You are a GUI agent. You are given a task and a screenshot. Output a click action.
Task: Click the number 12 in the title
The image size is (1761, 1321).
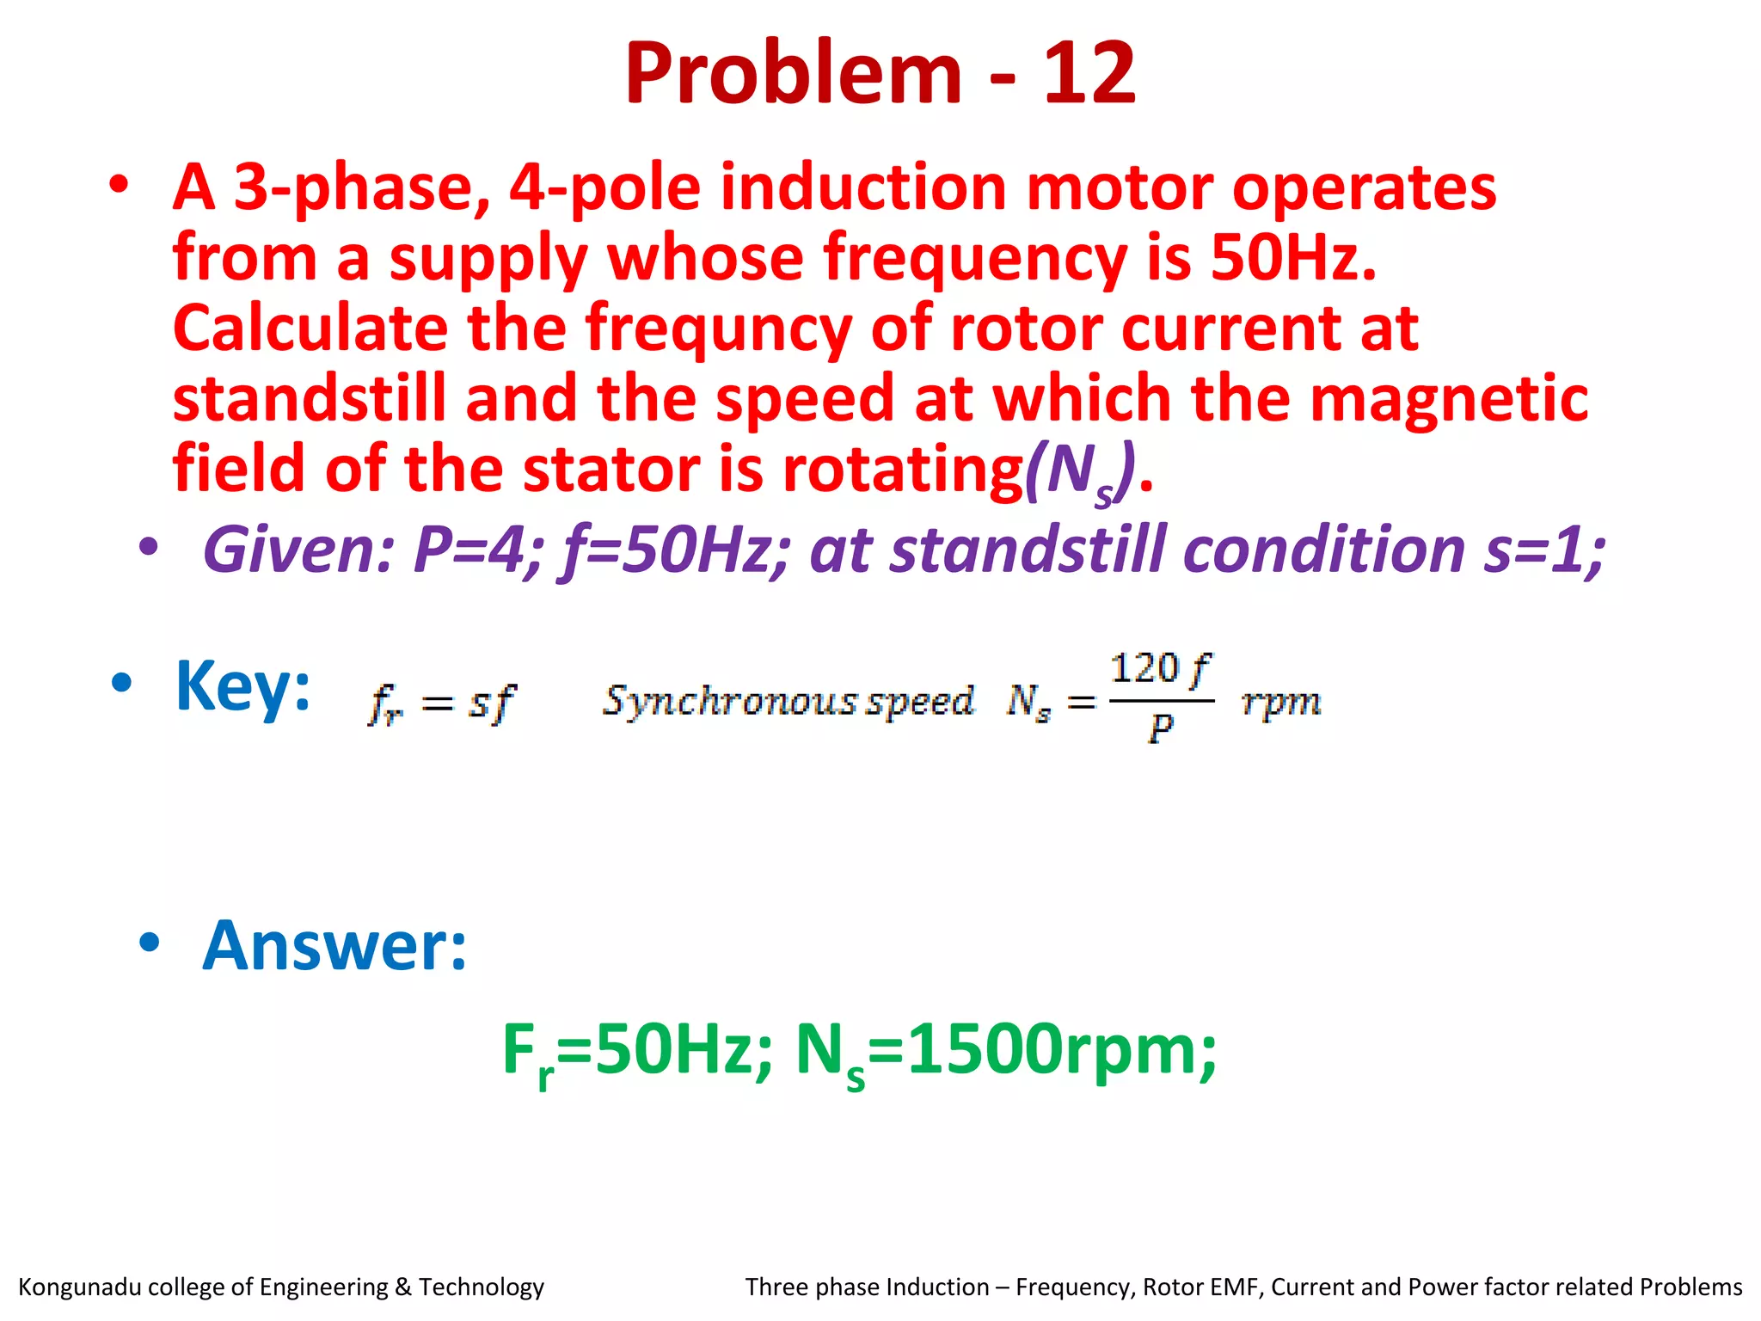tap(1089, 74)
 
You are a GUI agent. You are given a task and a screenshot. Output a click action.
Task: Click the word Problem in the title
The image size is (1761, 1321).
tap(793, 74)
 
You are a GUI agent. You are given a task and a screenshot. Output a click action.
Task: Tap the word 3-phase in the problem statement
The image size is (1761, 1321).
tap(362, 188)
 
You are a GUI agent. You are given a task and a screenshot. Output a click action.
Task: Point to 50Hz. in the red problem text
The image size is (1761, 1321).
tap(1293, 258)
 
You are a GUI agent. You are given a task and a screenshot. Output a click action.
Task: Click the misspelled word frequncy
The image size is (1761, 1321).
tap(719, 329)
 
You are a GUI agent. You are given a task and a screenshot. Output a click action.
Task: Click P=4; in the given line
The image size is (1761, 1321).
tap(478, 550)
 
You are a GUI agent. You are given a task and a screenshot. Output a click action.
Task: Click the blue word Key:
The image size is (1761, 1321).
tap(242, 686)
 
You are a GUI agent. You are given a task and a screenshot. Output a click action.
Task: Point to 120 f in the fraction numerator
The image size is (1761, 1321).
tap(1160, 669)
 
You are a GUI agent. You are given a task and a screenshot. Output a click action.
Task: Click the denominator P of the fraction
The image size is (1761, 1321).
tap(1161, 729)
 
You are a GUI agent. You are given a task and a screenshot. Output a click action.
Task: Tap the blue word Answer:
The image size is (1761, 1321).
tap(334, 946)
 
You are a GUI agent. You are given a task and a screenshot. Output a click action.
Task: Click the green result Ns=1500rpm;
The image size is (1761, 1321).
tap(1005, 1051)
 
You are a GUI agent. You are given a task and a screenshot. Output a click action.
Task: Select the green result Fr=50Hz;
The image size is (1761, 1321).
tap(637, 1051)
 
